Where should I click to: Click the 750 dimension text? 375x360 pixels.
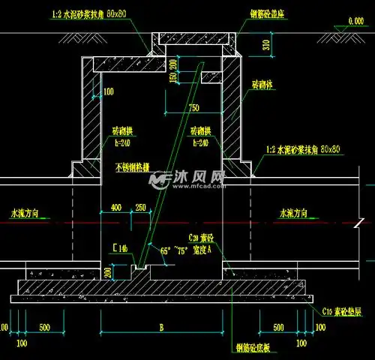tap(194, 107)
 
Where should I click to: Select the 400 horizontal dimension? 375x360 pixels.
tap(116, 206)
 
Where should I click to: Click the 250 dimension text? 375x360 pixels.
tap(141, 206)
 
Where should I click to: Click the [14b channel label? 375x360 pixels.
tap(120, 247)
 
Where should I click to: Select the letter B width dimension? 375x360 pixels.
tap(162, 328)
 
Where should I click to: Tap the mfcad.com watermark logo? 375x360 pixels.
tap(186, 179)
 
